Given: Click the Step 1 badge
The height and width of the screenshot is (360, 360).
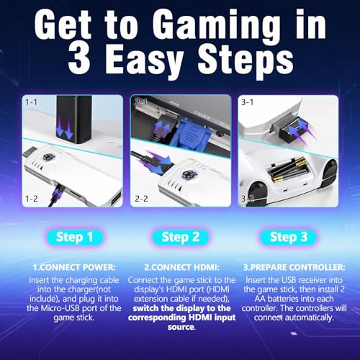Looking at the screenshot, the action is point(75,237).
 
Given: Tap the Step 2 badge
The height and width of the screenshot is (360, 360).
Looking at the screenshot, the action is point(181,237).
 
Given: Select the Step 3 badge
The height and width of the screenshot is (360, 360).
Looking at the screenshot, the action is point(289,237).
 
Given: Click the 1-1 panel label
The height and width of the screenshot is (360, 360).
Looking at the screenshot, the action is point(32,102).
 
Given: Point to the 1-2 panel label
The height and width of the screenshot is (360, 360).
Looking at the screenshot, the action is point(32,199).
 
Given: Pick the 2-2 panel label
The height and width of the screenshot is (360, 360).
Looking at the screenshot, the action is point(141,199).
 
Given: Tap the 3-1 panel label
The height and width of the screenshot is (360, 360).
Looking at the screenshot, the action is point(248,102).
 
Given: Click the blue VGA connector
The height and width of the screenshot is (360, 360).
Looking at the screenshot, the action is point(191,135).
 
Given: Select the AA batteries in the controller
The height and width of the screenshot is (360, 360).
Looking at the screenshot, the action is point(288,170).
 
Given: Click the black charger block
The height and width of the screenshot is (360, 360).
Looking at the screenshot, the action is point(74,119).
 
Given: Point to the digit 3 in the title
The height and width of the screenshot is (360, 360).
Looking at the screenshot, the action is point(79,59).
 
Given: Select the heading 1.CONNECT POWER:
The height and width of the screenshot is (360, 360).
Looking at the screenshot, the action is point(74,267).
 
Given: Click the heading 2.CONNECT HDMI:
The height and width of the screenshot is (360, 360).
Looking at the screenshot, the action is point(181,267).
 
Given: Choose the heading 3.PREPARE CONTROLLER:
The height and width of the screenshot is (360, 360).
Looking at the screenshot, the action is point(294,267).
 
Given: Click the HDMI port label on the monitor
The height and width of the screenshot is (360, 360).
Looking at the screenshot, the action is point(174,104).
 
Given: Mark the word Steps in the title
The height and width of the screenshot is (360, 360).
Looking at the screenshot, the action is point(246,60).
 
